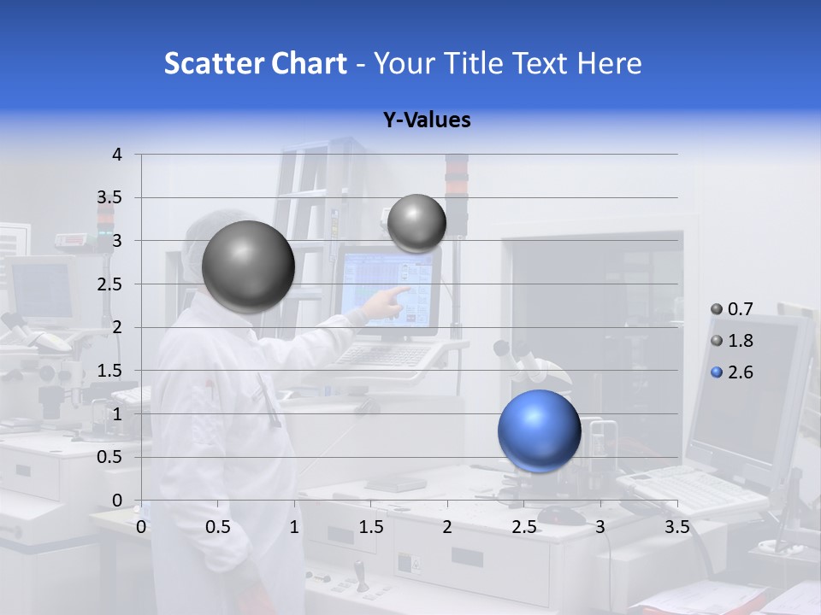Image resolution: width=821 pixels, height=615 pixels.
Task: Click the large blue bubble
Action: [540, 430]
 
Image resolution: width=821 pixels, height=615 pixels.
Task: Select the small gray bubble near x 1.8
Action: [416, 223]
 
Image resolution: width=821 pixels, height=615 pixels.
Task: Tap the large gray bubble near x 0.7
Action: [248, 266]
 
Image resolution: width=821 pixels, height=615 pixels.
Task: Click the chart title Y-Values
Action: [427, 120]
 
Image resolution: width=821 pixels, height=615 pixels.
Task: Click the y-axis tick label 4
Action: [117, 155]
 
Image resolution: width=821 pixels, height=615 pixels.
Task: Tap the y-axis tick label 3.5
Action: [110, 198]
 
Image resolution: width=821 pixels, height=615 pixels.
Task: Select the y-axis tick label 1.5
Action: [110, 371]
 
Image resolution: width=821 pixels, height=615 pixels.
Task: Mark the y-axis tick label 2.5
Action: [110, 284]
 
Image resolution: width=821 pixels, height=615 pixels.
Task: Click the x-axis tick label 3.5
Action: [676, 527]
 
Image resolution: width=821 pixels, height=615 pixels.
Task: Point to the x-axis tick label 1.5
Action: [371, 527]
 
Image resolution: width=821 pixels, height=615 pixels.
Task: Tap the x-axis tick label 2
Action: [447, 527]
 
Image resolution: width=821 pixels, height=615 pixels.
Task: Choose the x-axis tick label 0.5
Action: [218, 527]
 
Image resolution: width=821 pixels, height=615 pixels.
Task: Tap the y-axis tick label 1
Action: [117, 414]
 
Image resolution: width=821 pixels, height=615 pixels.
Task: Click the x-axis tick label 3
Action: [600, 527]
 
